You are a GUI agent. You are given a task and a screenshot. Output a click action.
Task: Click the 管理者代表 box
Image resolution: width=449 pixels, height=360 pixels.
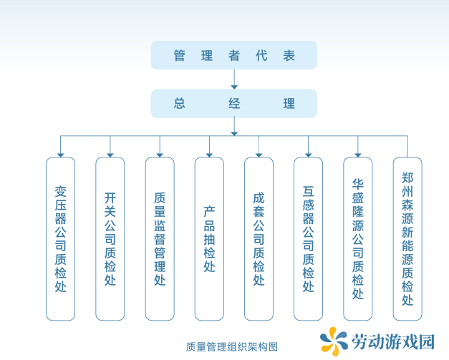pyautogui.click(x=234, y=55)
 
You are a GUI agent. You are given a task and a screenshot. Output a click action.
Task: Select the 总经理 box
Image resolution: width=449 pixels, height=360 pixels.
pyautogui.click(x=234, y=103)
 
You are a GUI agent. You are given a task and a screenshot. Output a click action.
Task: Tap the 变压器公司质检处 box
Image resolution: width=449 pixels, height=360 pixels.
pyautogui.click(x=60, y=238)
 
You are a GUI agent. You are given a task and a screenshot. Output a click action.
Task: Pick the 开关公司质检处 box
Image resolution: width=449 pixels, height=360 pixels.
pyautogui.click(x=110, y=238)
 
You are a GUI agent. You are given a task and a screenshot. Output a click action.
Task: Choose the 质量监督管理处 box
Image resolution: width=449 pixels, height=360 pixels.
pyautogui.click(x=160, y=238)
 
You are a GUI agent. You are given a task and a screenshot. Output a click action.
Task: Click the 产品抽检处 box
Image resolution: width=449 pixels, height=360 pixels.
pyautogui.click(x=209, y=238)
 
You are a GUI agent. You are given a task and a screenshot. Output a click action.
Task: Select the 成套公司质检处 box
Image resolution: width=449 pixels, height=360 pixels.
pyautogui.click(x=259, y=238)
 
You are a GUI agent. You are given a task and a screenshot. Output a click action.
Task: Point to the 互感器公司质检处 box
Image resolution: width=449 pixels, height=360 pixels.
pyautogui.click(x=309, y=238)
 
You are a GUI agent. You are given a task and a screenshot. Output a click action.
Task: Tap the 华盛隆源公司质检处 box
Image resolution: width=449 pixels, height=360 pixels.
pyautogui.click(x=358, y=238)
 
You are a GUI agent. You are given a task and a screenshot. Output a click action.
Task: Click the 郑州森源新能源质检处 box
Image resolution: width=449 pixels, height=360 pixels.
pyautogui.click(x=407, y=238)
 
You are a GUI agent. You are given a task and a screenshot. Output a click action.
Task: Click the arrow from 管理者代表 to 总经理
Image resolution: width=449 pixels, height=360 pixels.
pyautogui.click(x=234, y=79)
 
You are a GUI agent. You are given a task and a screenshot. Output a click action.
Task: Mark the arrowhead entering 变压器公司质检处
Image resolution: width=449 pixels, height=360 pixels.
pyautogui.click(x=60, y=155)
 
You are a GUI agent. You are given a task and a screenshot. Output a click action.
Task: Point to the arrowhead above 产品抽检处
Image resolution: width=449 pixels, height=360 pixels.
pyautogui.click(x=209, y=155)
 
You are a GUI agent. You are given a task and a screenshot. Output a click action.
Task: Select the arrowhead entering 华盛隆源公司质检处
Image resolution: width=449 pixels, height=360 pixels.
pyautogui.click(x=358, y=155)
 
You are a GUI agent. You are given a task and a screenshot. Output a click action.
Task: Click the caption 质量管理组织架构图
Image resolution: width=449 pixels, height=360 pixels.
pyautogui.click(x=231, y=347)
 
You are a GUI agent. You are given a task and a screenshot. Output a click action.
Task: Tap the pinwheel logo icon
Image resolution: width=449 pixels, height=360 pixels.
pyautogui.click(x=334, y=341)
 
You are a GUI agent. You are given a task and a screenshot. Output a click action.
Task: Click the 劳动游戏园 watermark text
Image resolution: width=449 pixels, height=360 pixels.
pyautogui.click(x=393, y=341)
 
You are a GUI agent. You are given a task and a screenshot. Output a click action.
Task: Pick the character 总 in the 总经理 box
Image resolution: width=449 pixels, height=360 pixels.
pyautogui.click(x=180, y=103)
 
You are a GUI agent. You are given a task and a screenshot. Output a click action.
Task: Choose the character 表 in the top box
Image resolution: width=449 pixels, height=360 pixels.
pyautogui.click(x=289, y=55)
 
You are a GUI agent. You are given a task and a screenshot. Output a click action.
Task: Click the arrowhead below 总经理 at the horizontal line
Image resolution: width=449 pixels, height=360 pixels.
pyautogui.click(x=234, y=134)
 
